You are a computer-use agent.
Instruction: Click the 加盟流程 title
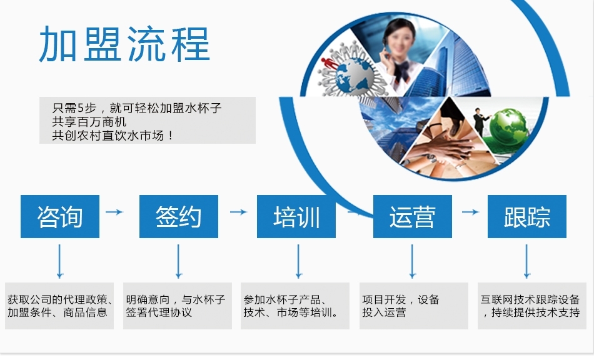pyautogui.click(x=124, y=44)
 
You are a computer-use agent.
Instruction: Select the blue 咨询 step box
pyautogui.click(x=60, y=216)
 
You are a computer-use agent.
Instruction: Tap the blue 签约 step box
pyautogui.click(x=179, y=216)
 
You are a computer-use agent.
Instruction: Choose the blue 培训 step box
pyautogui.click(x=296, y=216)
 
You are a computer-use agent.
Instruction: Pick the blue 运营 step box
pyautogui.click(x=413, y=216)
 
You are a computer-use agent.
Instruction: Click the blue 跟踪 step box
pyautogui.click(x=527, y=216)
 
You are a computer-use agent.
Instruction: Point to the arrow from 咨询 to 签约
pyautogui.click(x=114, y=212)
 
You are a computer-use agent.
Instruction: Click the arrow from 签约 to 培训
pyautogui.click(x=239, y=212)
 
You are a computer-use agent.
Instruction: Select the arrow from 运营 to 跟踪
pyautogui.click(x=470, y=212)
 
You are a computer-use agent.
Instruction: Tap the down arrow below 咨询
pyautogui.click(x=59, y=261)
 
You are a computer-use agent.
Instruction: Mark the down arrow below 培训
pyautogui.click(x=298, y=261)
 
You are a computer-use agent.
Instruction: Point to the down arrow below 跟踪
pyautogui.click(x=526, y=261)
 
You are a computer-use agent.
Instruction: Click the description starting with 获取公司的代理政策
pyautogui.click(x=59, y=306)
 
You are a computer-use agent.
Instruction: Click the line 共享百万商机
pyautogui.click(x=89, y=122)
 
